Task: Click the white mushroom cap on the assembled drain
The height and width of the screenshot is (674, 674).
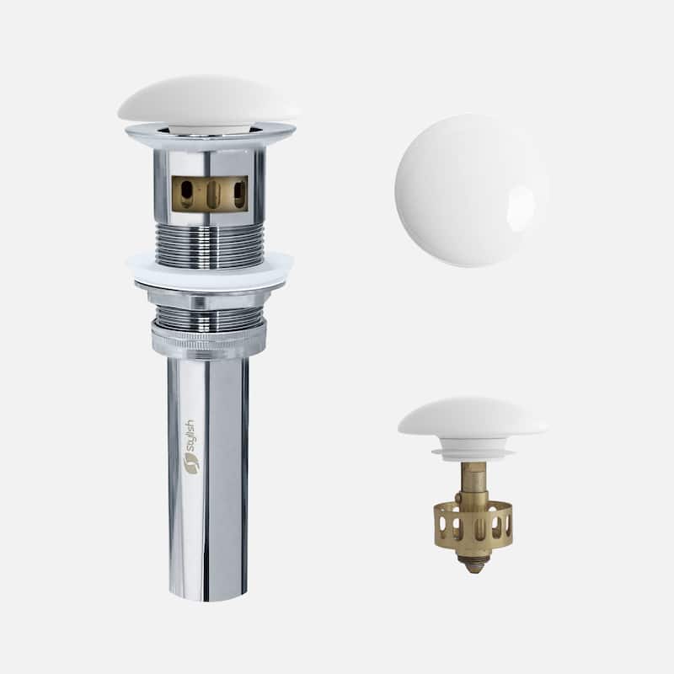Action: click(207, 100)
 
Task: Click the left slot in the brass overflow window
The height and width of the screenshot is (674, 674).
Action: click(186, 194)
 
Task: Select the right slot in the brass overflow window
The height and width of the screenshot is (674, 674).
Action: click(239, 194)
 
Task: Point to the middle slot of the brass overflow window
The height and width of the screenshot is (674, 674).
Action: click(213, 195)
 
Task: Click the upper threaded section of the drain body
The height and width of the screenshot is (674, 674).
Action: click(209, 245)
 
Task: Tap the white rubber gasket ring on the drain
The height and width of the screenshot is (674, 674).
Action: click(210, 270)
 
